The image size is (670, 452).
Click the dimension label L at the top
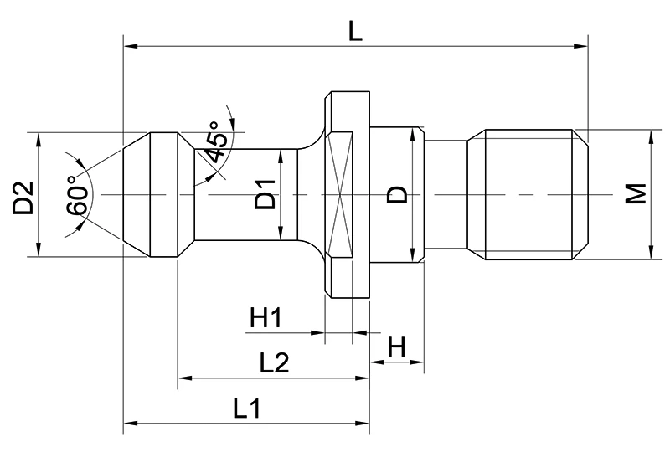(356, 31)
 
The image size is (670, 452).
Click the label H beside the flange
(397, 347)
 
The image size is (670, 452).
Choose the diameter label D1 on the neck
(265, 195)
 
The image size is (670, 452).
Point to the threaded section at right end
(529, 194)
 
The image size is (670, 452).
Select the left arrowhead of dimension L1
(129, 424)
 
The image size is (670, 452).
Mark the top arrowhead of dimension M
(651, 134)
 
